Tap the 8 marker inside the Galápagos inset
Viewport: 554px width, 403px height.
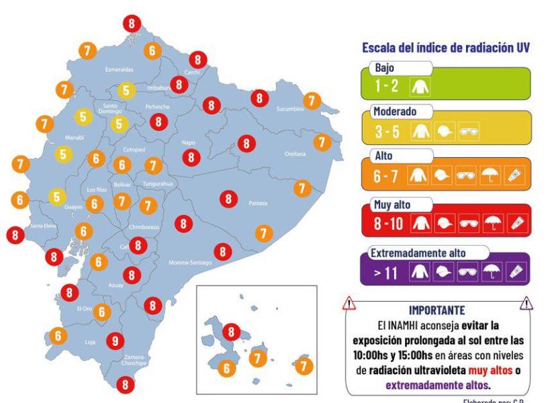pyautogui.click(x=232, y=331)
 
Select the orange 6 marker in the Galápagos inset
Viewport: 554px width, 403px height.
pyautogui.click(x=226, y=368)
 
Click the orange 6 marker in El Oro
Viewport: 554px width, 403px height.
pyautogui.click(x=102, y=312)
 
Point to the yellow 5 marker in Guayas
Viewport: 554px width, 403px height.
pyautogui.click(x=56, y=197)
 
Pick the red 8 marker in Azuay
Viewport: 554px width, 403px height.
pyautogui.click(x=132, y=275)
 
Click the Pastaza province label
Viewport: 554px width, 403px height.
pyautogui.click(x=258, y=202)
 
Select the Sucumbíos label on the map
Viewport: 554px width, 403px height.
pyautogui.click(x=291, y=109)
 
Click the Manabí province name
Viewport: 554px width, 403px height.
pyautogui.click(x=55, y=136)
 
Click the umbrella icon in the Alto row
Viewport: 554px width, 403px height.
pyautogui.click(x=492, y=176)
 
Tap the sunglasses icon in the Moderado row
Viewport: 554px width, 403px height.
pyautogui.click(x=468, y=132)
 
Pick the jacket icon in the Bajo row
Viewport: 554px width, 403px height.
pyautogui.click(x=425, y=86)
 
